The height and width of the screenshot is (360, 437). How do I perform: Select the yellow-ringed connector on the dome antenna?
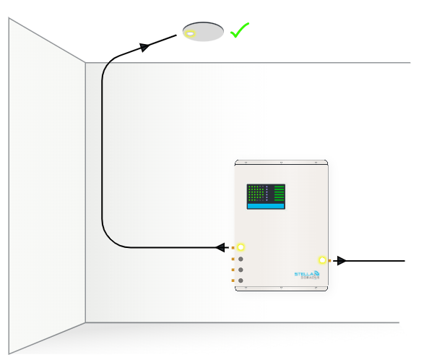(x=190, y=34)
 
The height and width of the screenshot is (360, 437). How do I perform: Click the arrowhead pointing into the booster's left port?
(x=220, y=247)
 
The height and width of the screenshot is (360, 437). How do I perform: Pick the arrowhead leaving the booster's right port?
(x=340, y=260)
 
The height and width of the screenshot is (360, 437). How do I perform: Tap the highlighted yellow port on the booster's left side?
(x=241, y=247)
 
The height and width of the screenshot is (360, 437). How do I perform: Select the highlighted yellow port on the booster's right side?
(x=322, y=260)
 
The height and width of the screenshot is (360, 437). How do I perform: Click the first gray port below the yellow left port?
(x=241, y=258)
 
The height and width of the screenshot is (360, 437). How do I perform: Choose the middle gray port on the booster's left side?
(x=241, y=269)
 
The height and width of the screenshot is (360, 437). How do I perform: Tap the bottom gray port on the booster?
(x=241, y=280)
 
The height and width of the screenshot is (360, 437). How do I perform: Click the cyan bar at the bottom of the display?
(x=266, y=205)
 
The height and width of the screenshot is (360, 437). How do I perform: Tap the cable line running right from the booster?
(x=376, y=260)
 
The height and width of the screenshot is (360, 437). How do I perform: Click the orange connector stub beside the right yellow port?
(x=329, y=260)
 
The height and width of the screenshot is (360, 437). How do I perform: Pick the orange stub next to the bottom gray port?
(x=233, y=280)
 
